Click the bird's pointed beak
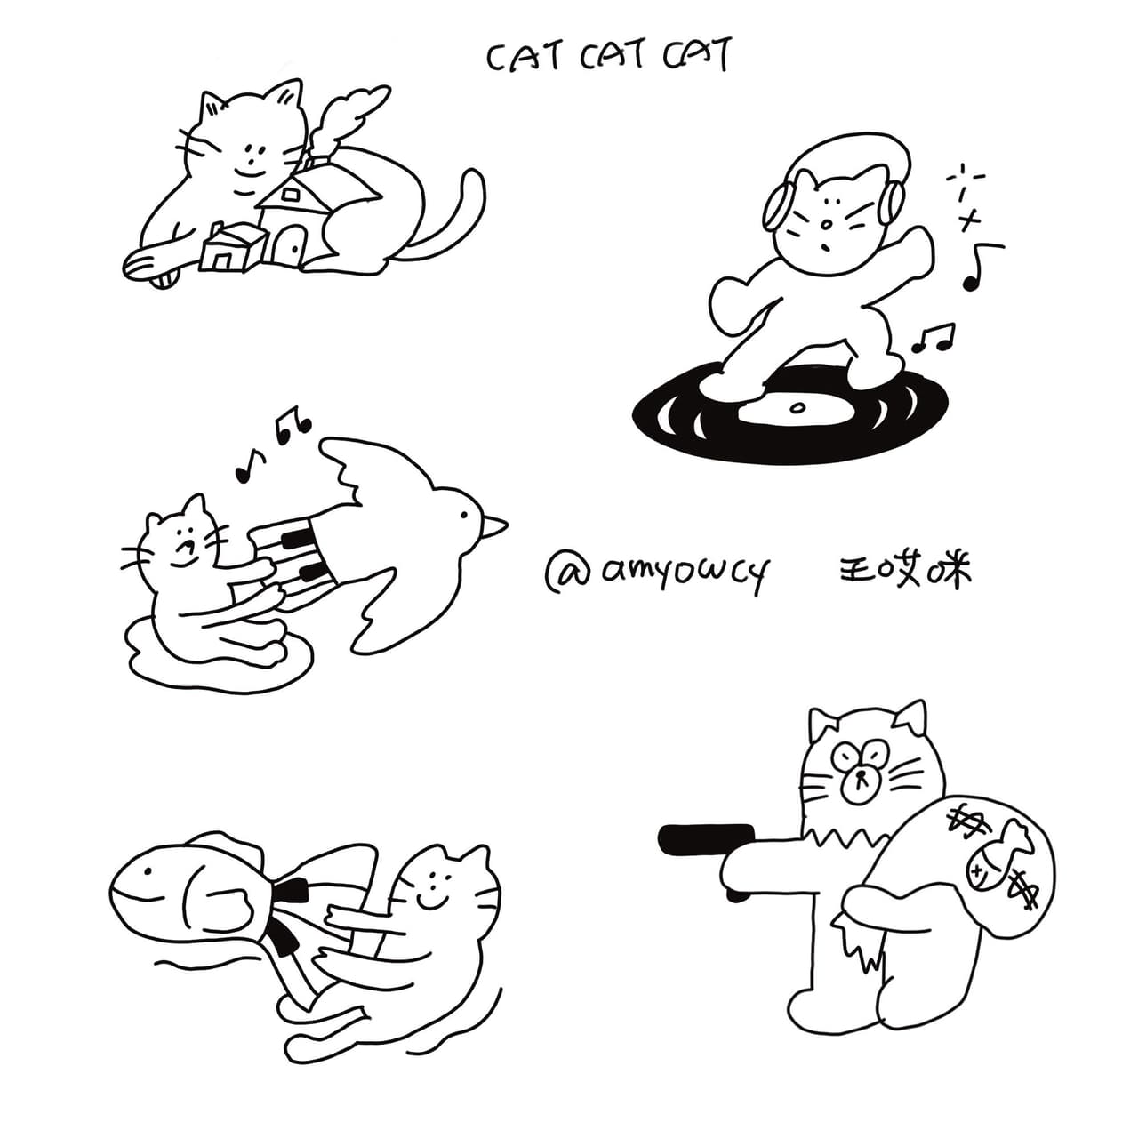(x=495, y=525)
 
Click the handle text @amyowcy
(x=655, y=571)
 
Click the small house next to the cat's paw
(x=231, y=248)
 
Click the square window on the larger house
(x=290, y=195)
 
